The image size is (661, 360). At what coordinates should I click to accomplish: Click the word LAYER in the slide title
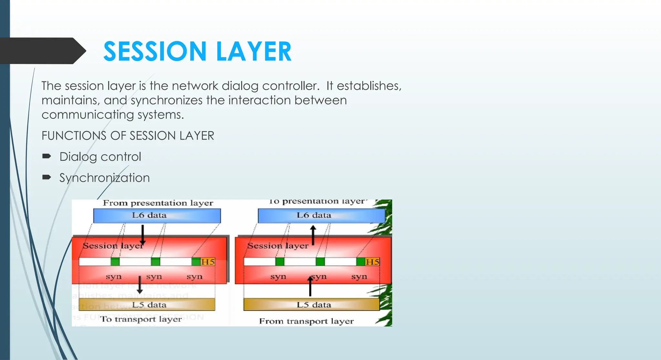[254, 51]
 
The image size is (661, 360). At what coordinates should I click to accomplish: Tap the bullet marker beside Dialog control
[46, 157]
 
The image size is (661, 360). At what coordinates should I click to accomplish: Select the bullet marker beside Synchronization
[46, 177]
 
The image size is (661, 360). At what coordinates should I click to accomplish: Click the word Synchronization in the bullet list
[104, 178]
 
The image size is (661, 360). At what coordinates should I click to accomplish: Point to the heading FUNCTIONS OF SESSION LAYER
[128, 136]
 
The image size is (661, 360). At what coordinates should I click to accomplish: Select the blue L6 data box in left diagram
[157, 216]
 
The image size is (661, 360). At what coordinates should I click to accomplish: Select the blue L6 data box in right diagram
[321, 216]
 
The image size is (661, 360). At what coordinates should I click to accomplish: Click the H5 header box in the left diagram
[208, 262]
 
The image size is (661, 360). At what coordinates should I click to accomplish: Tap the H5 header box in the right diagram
[372, 262]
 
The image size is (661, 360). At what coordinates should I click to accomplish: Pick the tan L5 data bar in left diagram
[147, 304]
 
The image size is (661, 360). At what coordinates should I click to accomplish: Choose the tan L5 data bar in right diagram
[311, 304]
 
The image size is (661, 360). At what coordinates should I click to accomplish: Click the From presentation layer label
[158, 203]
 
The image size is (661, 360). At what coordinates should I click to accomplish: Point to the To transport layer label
[141, 319]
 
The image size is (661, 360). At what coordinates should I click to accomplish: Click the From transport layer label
[306, 321]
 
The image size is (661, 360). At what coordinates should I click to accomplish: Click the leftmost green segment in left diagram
[115, 262]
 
